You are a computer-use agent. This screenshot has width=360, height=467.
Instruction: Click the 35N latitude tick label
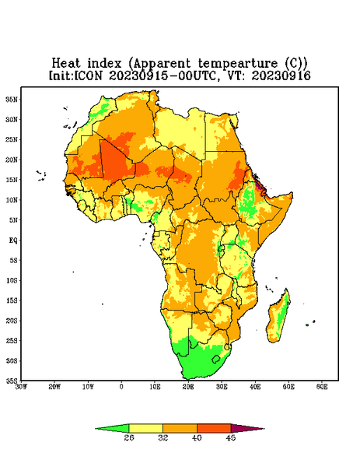(12, 100)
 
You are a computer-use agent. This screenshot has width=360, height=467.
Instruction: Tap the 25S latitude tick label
(12, 340)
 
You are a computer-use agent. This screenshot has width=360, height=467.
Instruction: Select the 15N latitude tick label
(12, 180)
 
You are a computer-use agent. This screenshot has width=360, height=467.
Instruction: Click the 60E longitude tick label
(322, 387)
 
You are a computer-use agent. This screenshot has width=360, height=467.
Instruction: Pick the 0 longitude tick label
(121, 387)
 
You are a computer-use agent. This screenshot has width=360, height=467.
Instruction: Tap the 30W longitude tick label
(21, 387)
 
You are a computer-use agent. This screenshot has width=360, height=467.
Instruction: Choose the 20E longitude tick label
(188, 387)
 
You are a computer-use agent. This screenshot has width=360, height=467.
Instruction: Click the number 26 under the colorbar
(129, 437)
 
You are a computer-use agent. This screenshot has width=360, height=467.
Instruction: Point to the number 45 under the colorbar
(231, 437)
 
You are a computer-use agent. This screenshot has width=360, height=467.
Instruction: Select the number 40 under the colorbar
(197, 437)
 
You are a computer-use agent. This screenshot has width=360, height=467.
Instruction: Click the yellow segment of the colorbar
(146, 428)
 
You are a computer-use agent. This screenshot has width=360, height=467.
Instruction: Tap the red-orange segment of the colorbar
(214, 428)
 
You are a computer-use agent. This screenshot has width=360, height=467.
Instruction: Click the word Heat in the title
(66, 64)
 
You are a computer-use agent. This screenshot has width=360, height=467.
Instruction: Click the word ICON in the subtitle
(89, 75)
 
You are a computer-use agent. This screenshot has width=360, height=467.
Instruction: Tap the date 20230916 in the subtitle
(281, 75)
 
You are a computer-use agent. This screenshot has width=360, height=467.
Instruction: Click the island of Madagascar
(278, 318)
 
